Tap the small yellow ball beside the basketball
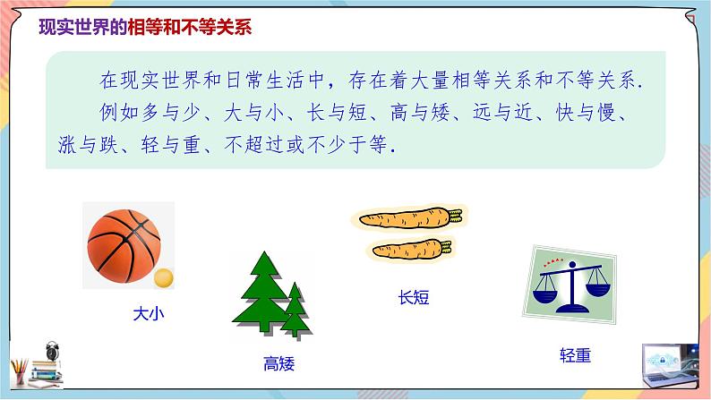[162, 278]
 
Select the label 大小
[150, 314]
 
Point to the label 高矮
[278, 363]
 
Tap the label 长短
[413, 297]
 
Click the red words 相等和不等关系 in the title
[192, 27]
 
